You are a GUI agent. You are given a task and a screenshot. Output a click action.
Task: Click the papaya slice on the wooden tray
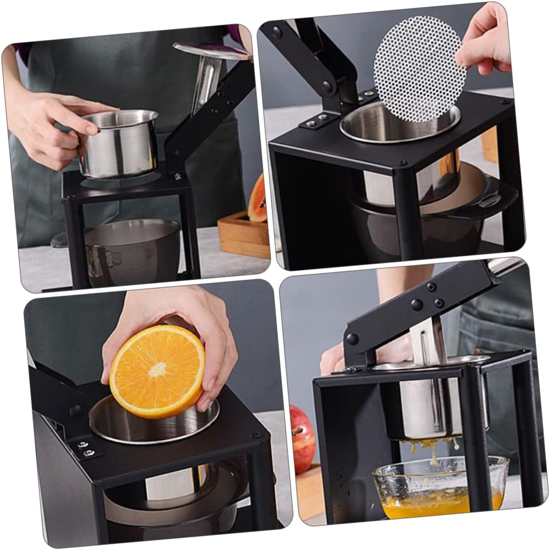coord(259,200)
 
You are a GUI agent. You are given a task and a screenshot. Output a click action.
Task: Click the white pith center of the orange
coord(159,367)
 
